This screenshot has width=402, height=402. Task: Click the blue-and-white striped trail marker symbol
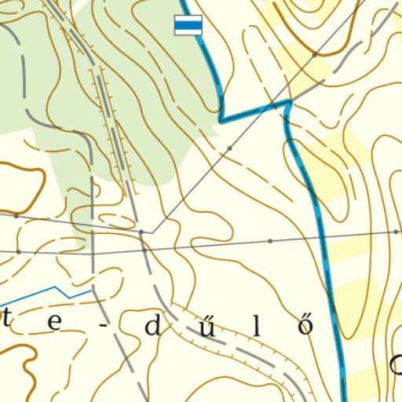click(x=188, y=26)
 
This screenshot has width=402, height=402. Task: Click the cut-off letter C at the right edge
click(x=396, y=363)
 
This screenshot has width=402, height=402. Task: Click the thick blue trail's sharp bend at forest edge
click(x=221, y=121)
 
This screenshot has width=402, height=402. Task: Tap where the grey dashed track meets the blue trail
click(x=289, y=102)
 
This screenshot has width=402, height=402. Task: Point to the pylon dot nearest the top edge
click(x=314, y=54)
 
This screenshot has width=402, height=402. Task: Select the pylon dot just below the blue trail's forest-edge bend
click(x=229, y=148)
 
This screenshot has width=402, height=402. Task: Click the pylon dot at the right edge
click(x=396, y=232)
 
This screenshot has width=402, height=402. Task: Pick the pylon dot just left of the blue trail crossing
click(x=270, y=240)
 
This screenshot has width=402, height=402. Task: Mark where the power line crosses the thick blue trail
click(x=322, y=236)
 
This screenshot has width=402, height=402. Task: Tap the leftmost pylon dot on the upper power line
click(x=16, y=214)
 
